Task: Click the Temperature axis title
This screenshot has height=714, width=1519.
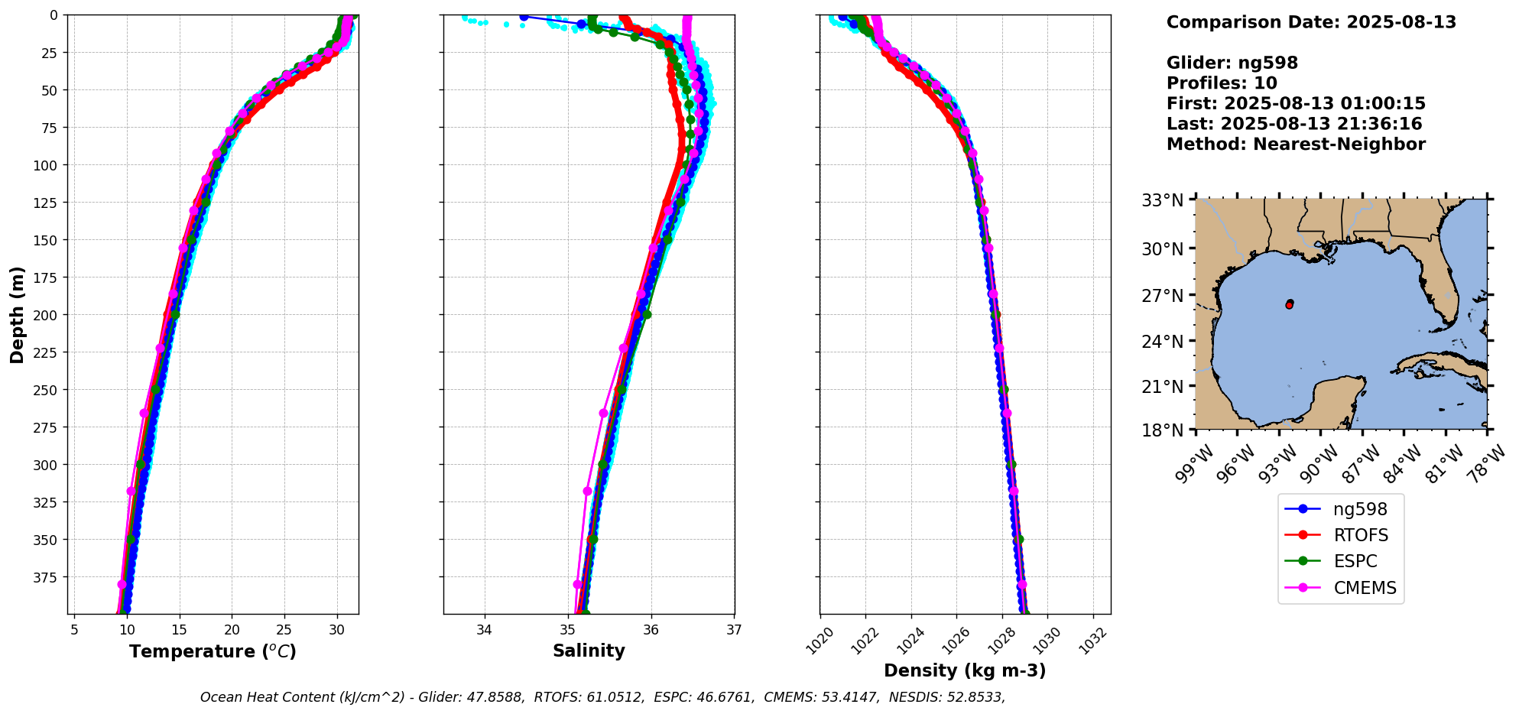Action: [213, 651]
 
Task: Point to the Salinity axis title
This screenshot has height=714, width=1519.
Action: [589, 651]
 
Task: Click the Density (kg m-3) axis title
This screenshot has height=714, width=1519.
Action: [965, 670]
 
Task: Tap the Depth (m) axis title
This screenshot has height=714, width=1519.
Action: [17, 314]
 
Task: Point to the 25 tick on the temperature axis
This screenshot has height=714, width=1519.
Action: [284, 630]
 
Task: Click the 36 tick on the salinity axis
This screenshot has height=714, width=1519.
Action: [651, 630]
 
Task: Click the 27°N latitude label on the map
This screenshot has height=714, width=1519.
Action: [1162, 295]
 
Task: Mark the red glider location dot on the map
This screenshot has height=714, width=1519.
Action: [1290, 304]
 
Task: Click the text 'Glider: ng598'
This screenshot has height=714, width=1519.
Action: [1232, 63]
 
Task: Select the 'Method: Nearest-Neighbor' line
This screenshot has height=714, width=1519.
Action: [1296, 144]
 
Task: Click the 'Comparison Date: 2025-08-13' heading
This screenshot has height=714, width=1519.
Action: [1311, 22]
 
